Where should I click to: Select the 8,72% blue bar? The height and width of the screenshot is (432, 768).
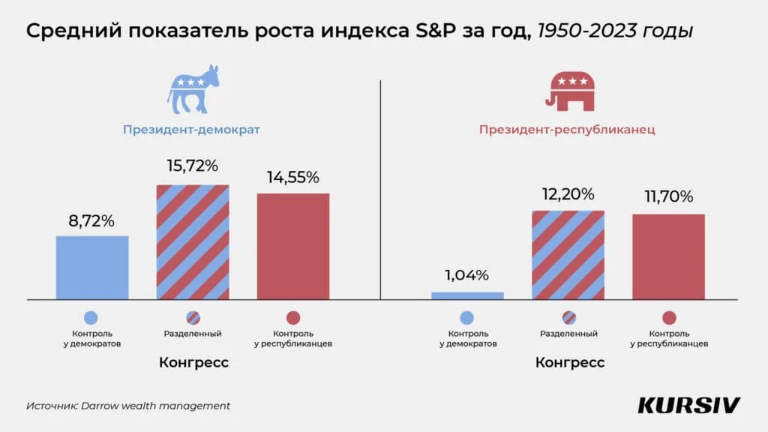[x=92, y=268]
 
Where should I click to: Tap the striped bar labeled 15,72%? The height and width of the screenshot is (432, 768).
[x=193, y=241]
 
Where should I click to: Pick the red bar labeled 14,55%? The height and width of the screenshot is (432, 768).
[x=293, y=246]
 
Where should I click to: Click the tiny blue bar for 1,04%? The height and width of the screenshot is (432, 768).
[x=467, y=295]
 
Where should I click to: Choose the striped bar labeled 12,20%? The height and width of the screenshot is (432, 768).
[x=568, y=255]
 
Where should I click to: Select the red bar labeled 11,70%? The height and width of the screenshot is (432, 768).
[x=668, y=256]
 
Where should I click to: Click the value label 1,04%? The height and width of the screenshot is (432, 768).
[x=467, y=274]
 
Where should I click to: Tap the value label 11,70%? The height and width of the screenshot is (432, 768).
[x=668, y=196]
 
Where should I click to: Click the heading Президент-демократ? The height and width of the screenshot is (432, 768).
[x=191, y=130]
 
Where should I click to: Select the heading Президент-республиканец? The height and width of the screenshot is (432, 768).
[x=567, y=130]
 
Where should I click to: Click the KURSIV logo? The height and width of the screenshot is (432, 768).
[x=688, y=405]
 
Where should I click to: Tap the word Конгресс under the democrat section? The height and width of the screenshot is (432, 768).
[x=193, y=362]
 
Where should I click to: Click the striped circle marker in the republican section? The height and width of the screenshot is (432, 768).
[x=568, y=318]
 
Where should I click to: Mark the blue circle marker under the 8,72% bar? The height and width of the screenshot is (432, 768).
[x=92, y=318]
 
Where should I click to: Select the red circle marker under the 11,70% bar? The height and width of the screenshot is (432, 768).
[x=669, y=318]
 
